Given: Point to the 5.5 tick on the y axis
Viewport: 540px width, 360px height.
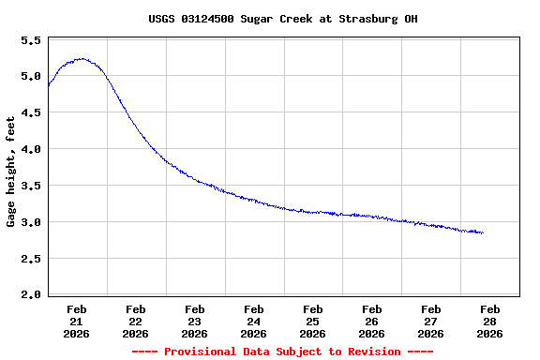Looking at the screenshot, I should click(31, 41).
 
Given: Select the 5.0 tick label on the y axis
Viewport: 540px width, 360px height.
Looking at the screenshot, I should click(31, 77).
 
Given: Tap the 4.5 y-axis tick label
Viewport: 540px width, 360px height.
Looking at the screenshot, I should click(31, 113).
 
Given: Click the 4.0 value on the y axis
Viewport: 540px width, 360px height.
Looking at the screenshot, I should click(31, 150).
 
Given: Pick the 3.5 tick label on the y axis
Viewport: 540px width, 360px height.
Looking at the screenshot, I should click(31, 187).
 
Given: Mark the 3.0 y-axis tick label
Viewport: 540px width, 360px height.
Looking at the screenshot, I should click(31, 223).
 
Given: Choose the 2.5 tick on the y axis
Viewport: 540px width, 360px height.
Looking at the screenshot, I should click(31, 260).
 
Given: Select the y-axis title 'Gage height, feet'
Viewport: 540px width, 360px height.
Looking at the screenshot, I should click(11, 172).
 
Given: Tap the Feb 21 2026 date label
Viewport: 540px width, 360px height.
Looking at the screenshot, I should click(77, 321).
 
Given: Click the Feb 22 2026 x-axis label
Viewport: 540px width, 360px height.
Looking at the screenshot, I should click(136, 321).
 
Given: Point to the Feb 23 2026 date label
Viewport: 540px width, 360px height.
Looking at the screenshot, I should click(195, 321).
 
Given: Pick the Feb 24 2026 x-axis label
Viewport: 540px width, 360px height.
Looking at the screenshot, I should click(254, 321).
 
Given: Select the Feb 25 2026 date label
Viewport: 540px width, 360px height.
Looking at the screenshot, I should click(313, 321).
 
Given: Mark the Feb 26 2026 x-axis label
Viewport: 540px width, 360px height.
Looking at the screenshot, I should click(372, 321).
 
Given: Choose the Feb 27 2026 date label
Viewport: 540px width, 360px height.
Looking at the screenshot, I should click(431, 321).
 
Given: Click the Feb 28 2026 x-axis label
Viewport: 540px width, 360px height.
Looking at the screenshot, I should click(490, 321).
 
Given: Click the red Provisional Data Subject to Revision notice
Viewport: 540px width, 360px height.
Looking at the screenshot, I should click(282, 352).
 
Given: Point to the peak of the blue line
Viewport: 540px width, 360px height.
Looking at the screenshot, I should click(82, 58).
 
